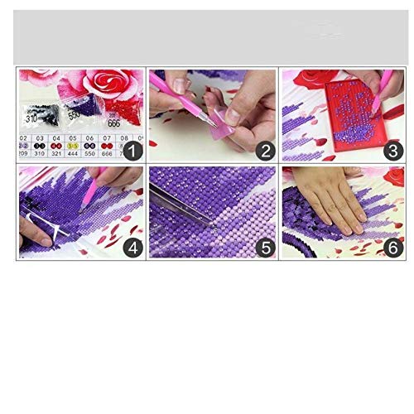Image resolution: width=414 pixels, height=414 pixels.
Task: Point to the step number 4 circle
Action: click(132, 246)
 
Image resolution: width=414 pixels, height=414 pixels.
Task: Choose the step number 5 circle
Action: click(264, 246)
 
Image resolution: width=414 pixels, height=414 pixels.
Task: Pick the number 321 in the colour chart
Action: click(55, 154)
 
